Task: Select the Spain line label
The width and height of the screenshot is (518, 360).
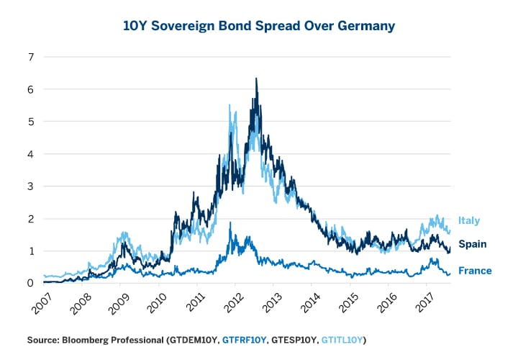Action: (x=472, y=244)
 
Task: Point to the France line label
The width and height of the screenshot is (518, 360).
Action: (x=475, y=271)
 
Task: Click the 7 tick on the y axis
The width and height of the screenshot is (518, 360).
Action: (x=31, y=56)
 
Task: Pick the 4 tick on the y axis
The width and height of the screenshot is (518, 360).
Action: (x=31, y=153)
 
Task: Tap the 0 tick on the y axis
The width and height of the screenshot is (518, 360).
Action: (x=31, y=283)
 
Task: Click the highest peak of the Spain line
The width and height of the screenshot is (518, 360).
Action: (x=256, y=78)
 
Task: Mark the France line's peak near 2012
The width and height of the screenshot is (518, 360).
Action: (x=230, y=223)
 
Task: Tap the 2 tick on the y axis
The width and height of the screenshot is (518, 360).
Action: (x=31, y=218)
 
